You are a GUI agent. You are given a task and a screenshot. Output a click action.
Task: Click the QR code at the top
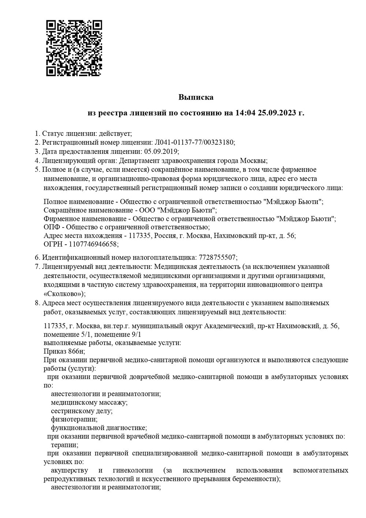74,48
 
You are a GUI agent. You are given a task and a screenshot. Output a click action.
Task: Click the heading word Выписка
196,97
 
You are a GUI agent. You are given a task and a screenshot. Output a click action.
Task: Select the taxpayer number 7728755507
217,257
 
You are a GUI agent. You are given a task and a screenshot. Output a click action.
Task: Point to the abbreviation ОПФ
51,227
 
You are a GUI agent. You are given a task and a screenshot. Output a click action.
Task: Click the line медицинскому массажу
89,402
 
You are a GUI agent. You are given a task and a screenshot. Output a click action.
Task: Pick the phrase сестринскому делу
79,411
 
